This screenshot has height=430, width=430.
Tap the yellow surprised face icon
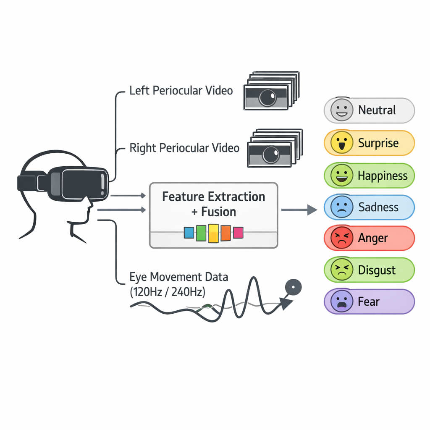coord(339,143)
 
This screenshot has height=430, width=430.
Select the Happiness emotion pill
coord(370,176)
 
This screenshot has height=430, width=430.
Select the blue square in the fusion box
coord(189,233)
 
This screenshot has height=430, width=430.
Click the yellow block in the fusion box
coord(214,233)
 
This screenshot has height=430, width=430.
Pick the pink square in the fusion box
coord(238,233)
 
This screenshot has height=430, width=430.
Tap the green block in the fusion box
coord(201,233)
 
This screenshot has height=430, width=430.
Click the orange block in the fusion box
coord(226,233)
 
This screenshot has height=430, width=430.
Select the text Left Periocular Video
coord(181,90)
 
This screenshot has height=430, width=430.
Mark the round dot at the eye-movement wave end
coord(293,287)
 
